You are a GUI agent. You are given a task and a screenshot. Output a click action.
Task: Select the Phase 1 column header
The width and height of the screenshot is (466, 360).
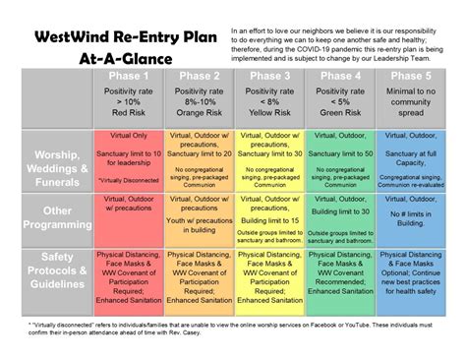[130, 76]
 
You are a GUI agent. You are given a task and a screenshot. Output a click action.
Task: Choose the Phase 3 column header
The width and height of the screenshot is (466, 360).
[269, 76]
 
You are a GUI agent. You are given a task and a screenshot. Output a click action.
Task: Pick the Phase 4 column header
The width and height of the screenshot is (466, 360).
[340, 76]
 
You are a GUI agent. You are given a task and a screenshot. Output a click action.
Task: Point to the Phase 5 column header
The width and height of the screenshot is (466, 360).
[411, 76]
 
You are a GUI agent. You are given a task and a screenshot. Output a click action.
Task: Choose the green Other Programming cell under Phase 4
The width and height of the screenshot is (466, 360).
[340, 218]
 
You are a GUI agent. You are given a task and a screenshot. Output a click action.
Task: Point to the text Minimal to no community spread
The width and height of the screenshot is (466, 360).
[411, 103]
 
